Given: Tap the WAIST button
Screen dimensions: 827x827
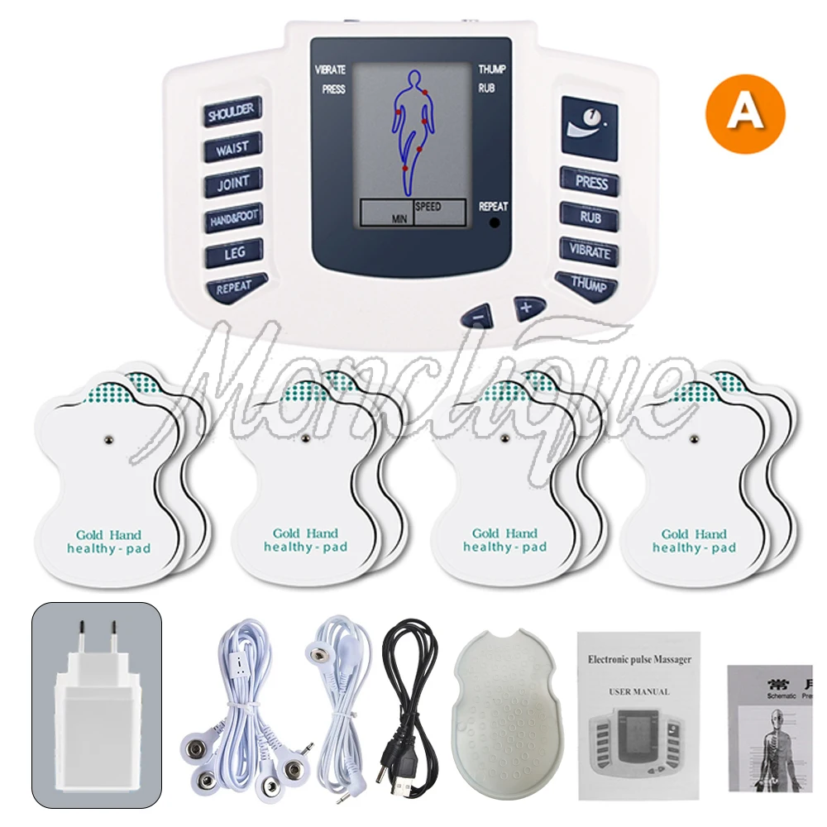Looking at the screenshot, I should (x=232, y=148).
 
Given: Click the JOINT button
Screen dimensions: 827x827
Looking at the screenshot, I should (x=233, y=184).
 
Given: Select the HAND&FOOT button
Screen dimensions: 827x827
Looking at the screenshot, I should (x=234, y=218).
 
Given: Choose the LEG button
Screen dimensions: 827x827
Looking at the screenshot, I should (x=234, y=253).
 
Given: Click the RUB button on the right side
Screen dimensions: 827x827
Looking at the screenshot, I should (x=590, y=218).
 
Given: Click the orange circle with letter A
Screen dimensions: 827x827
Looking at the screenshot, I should (x=745, y=114).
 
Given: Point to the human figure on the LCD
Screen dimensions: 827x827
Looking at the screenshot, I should (x=411, y=124).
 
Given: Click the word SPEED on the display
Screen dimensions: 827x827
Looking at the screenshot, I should (x=428, y=206).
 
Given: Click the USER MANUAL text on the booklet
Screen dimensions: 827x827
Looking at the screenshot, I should (x=639, y=691).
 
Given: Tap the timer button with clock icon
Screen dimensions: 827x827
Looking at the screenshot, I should (x=588, y=126).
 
